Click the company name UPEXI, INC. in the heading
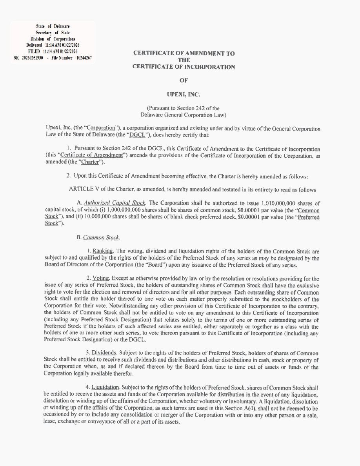tap(184, 94)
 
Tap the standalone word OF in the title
tap(184, 80)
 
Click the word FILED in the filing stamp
tap(35, 51)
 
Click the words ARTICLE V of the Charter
tap(101, 189)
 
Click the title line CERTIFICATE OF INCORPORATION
tap(184, 67)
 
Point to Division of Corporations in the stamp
tap(53, 39)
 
